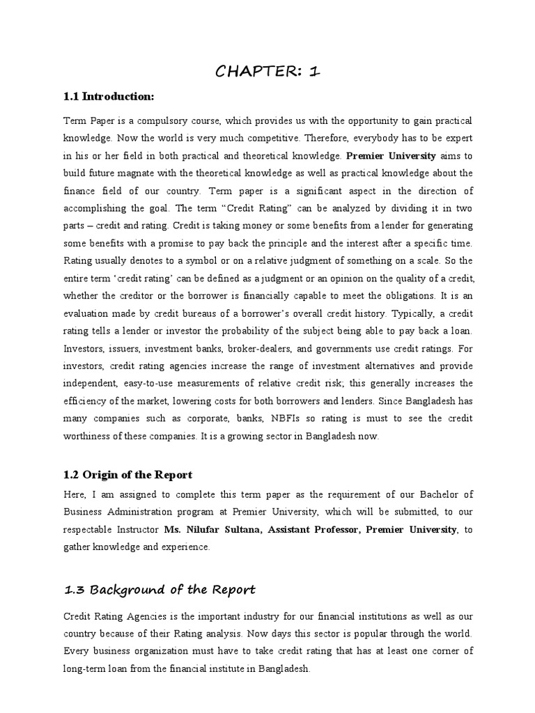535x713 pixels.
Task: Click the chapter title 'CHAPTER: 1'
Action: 267,72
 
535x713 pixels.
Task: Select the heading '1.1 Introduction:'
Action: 108,96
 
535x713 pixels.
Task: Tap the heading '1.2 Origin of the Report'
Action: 127,475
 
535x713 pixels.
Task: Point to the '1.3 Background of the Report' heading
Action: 160,590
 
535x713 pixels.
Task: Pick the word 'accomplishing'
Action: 93,208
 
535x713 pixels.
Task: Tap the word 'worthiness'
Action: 87,437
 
